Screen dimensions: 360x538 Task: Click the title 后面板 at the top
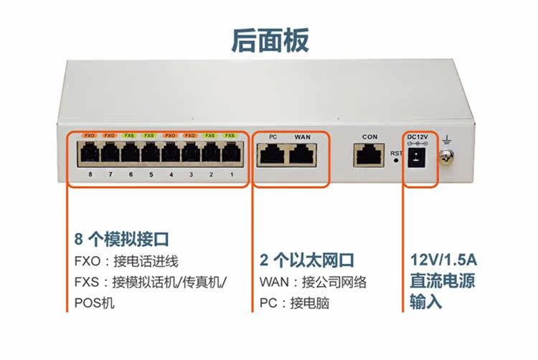pos(270,40)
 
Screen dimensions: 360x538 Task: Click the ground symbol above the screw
pos(448,136)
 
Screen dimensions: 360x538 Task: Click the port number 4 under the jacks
pos(171,174)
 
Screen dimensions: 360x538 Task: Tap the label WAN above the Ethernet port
pos(302,136)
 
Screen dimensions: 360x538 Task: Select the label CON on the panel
pos(369,136)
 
